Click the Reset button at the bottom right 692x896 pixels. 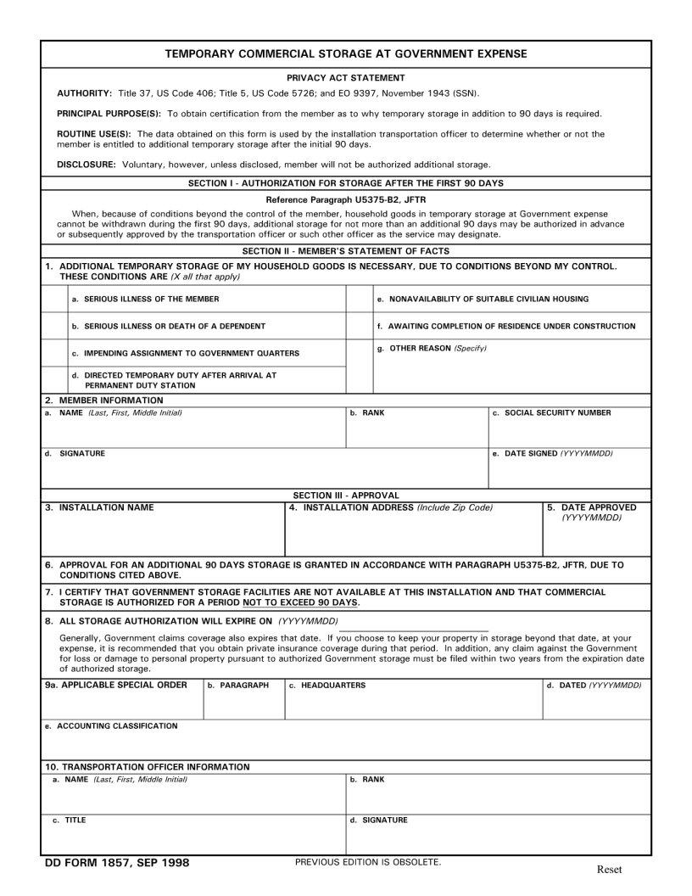click(x=609, y=869)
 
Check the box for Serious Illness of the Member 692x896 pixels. click(x=55, y=299)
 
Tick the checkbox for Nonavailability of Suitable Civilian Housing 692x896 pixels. click(x=360, y=299)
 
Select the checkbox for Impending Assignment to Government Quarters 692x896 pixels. click(x=55, y=353)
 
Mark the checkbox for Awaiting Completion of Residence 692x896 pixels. click(x=360, y=326)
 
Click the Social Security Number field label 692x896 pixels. click(x=557, y=413)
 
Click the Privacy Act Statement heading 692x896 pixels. click(x=346, y=77)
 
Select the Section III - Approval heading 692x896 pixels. click(x=346, y=495)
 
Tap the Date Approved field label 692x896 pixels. click(x=599, y=507)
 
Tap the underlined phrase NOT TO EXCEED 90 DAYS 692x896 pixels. click(x=300, y=602)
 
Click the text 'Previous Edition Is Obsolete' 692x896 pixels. click(x=368, y=862)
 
